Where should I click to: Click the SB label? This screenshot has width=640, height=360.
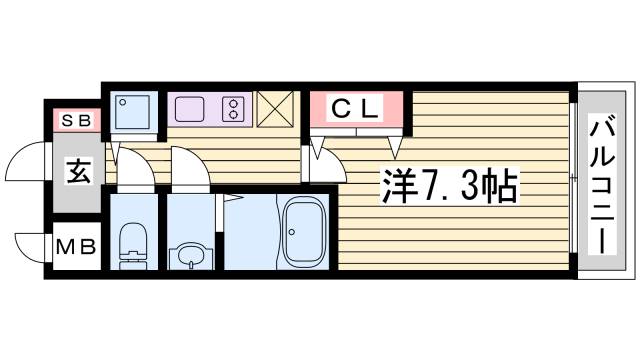76,122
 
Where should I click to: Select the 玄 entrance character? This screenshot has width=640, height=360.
77,172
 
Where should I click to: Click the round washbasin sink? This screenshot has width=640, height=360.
188,254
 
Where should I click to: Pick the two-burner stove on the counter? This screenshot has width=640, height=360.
233,106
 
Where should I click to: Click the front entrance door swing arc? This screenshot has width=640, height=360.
25,163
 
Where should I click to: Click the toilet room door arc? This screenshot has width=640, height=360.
137,170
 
